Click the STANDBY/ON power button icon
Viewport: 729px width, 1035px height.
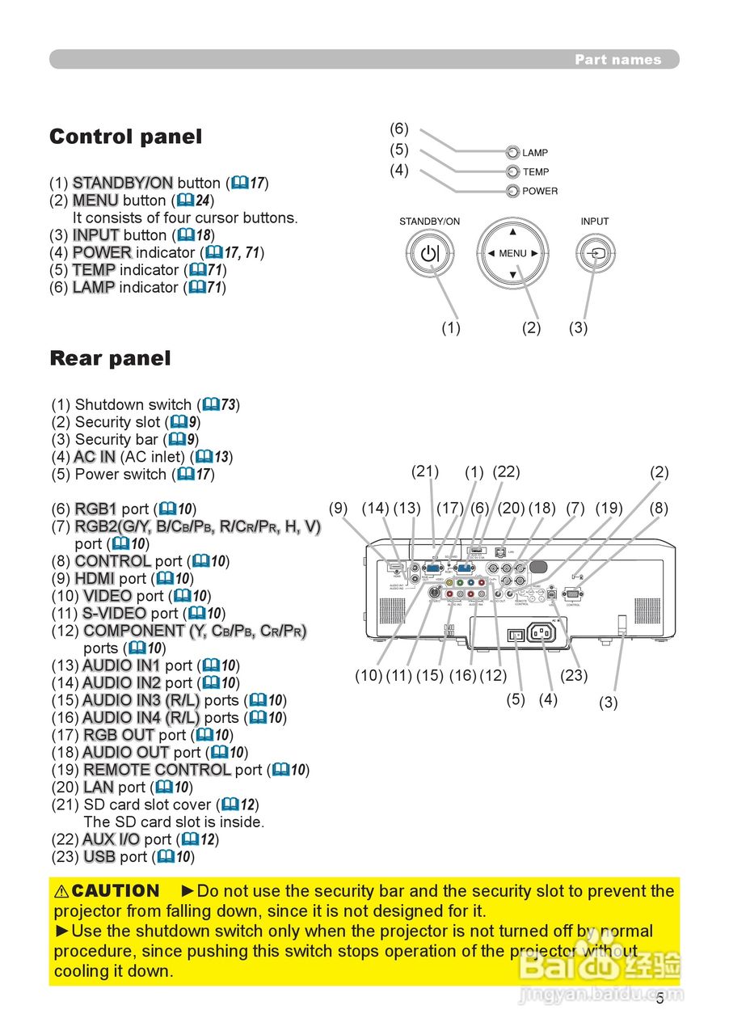coord(431,254)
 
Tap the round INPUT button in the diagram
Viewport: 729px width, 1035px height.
coord(596,254)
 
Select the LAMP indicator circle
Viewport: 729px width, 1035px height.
coord(512,152)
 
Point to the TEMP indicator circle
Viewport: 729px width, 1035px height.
coord(512,171)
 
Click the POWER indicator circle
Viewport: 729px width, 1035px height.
coord(512,191)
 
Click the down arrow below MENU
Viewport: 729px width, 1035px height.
coord(512,275)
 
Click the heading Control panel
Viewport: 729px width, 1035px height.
coord(125,137)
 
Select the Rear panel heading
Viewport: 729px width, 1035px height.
coord(110,358)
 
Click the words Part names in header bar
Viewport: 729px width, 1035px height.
coord(617,60)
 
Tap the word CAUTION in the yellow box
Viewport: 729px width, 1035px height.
coord(116,891)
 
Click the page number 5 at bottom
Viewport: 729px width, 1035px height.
coord(659,999)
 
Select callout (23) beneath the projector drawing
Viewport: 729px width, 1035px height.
coord(574,675)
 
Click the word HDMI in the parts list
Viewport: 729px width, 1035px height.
coord(95,578)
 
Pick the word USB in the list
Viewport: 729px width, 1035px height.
coord(99,856)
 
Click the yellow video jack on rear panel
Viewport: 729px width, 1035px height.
coord(449,582)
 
